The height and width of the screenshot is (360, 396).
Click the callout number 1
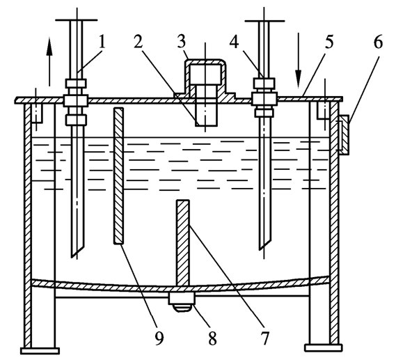click(x=102, y=42)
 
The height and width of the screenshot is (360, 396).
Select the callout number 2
click(x=138, y=42)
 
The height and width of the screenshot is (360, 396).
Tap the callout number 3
click(x=182, y=42)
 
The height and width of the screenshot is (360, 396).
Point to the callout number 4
click(x=234, y=42)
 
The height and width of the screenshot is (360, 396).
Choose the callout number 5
click(x=329, y=42)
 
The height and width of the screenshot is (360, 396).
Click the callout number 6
click(x=378, y=42)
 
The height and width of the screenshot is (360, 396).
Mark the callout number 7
click(x=264, y=338)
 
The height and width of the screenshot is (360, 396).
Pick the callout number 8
click(x=212, y=338)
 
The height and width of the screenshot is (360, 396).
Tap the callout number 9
click(x=159, y=338)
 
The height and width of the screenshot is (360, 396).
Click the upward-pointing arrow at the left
click(x=49, y=61)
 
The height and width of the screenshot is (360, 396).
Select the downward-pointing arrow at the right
click(x=299, y=61)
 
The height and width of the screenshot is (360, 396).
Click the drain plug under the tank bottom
click(x=182, y=302)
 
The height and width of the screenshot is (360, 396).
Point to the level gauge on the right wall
click(x=344, y=135)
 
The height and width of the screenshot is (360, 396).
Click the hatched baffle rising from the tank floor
click(x=183, y=243)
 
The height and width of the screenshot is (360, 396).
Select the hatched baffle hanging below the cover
click(x=119, y=176)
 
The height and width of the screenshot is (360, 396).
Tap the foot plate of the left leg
click(x=40, y=351)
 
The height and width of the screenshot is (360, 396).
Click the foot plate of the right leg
click(x=323, y=348)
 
